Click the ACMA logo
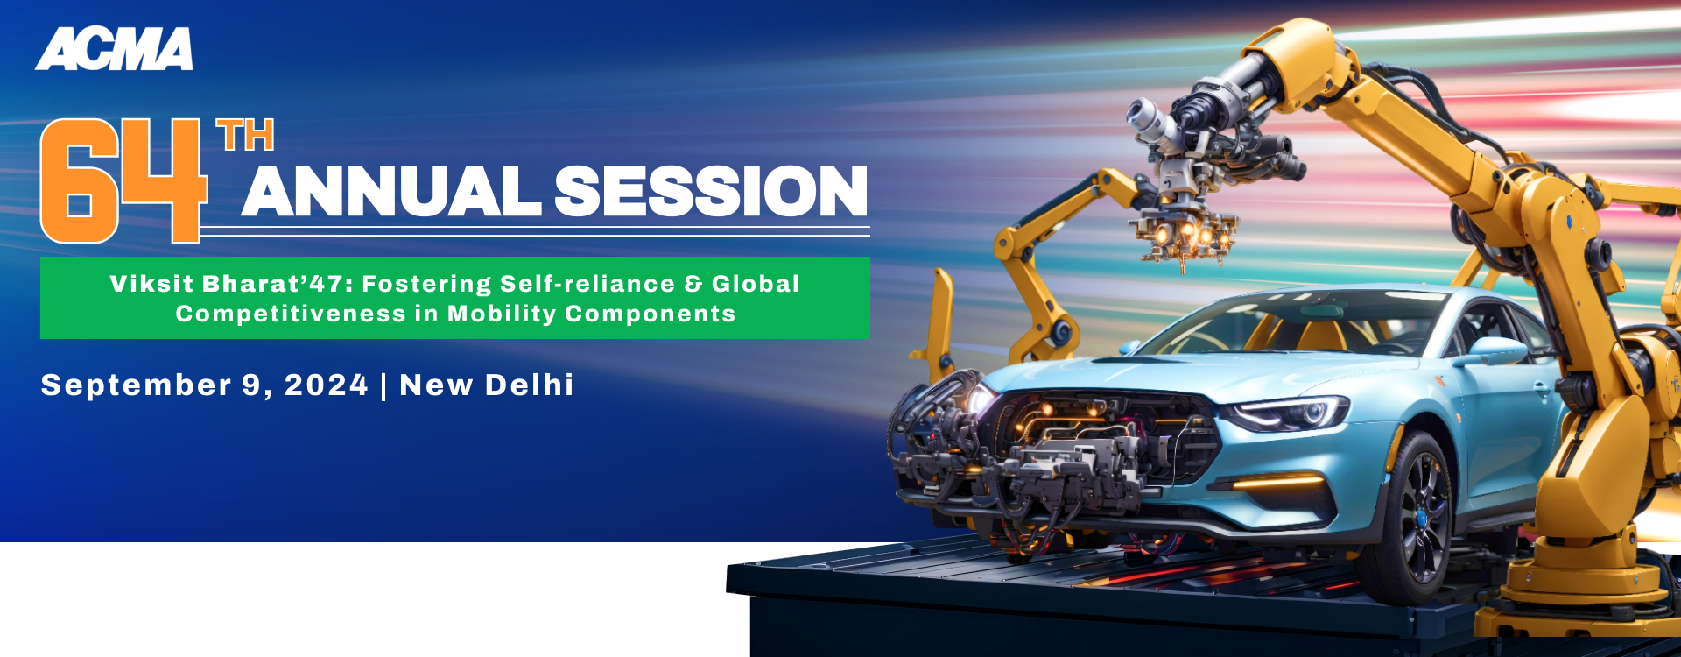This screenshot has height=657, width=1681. (115, 49)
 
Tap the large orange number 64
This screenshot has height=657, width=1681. (123, 180)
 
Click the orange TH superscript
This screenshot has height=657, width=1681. (246, 136)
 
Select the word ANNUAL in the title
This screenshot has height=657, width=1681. (391, 191)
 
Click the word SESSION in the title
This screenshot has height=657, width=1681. (711, 191)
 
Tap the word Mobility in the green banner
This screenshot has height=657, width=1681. (502, 314)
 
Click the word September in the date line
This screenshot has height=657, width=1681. (137, 385)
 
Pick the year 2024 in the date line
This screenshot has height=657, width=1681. (327, 385)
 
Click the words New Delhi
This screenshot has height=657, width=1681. (487, 385)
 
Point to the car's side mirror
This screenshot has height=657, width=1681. (1495, 350)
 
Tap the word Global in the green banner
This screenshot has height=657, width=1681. (756, 284)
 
